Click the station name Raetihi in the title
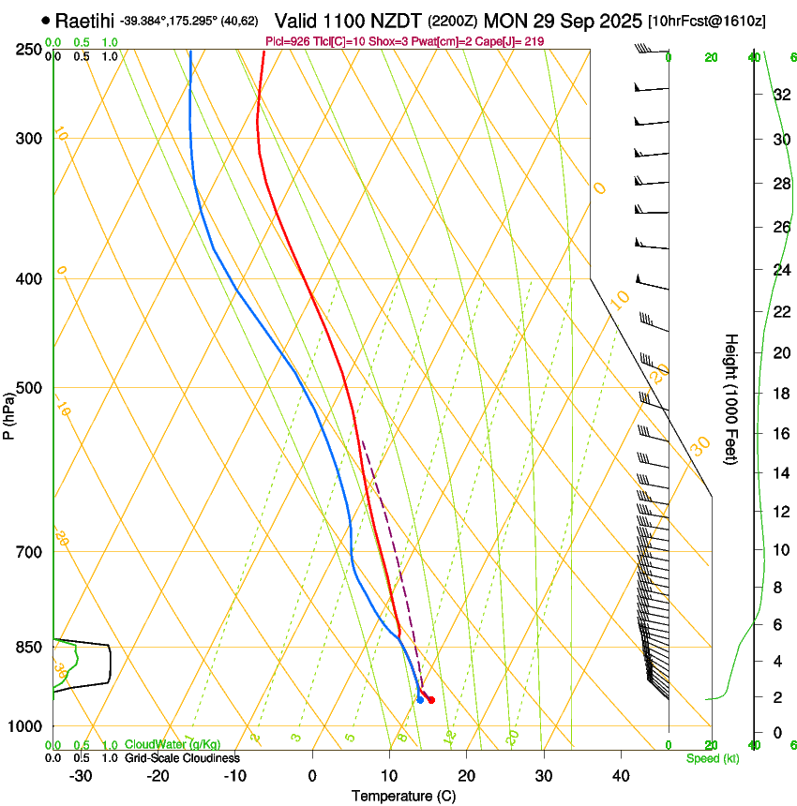[x=85, y=20]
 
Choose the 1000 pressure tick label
[x=26, y=726]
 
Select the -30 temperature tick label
[x=81, y=775]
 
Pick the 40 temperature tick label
[x=620, y=775]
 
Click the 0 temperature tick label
[x=312, y=775]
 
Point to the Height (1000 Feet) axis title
[x=731, y=399]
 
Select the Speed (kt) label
[x=712, y=758]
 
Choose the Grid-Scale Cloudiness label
[x=182, y=758]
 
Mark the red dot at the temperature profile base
[x=430, y=700]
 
